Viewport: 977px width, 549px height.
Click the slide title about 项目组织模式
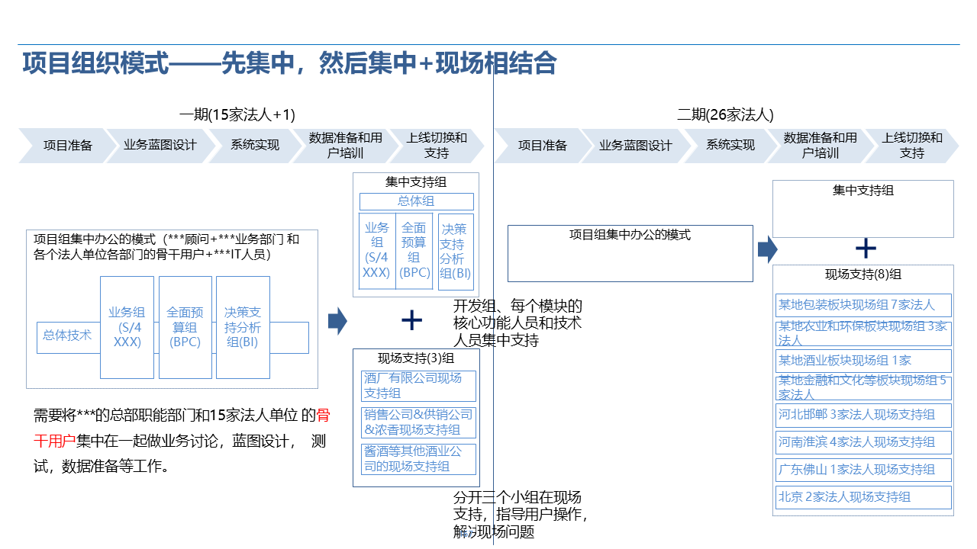tap(289, 63)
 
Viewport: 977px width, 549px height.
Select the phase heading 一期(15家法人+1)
tap(237, 115)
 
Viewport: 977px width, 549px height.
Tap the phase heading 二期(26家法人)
tap(725, 115)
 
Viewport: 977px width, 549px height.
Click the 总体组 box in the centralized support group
tap(416, 201)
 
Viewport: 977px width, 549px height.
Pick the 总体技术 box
tap(67, 335)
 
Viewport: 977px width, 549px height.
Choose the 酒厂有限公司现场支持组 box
tap(418, 386)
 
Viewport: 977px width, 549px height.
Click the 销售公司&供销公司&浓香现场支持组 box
tap(418, 422)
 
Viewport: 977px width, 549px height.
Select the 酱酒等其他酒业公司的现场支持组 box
tap(418, 459)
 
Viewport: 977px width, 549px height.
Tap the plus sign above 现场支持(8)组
tap(865, 249)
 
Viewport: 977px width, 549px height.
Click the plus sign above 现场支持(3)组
tap(411, 320)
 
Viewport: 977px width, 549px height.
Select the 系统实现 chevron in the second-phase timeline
tap(730, 146)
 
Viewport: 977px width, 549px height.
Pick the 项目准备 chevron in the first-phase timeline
tap(67, 146)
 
